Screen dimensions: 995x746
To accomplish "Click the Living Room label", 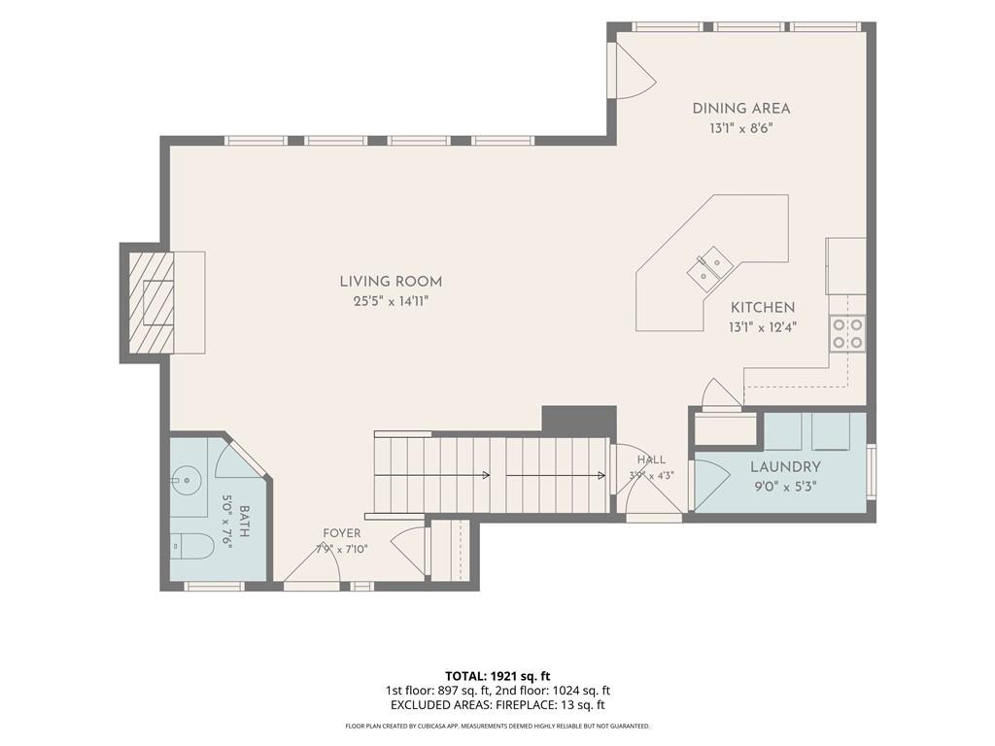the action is point(391,282).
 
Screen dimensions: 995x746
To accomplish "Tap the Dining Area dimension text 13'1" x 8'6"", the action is point(741,128).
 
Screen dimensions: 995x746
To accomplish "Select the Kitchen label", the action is point(763,308).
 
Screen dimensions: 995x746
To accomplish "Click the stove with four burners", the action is point(847,334).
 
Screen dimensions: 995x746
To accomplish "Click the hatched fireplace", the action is point(152,302).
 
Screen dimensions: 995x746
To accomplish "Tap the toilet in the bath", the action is point(191,546).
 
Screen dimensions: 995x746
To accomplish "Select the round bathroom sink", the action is point(188,480).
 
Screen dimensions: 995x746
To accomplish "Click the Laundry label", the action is point(785,467).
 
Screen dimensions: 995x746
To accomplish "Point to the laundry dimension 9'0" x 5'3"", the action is point(785,488).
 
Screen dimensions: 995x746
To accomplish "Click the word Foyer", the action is point(341,533).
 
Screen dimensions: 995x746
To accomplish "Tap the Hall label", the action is point(652,459).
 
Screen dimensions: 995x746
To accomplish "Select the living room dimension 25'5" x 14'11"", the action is point(392,301).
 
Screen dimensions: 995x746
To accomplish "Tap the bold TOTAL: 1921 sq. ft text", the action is point(497,676).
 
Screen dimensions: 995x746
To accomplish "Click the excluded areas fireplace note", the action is point(497,705).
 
